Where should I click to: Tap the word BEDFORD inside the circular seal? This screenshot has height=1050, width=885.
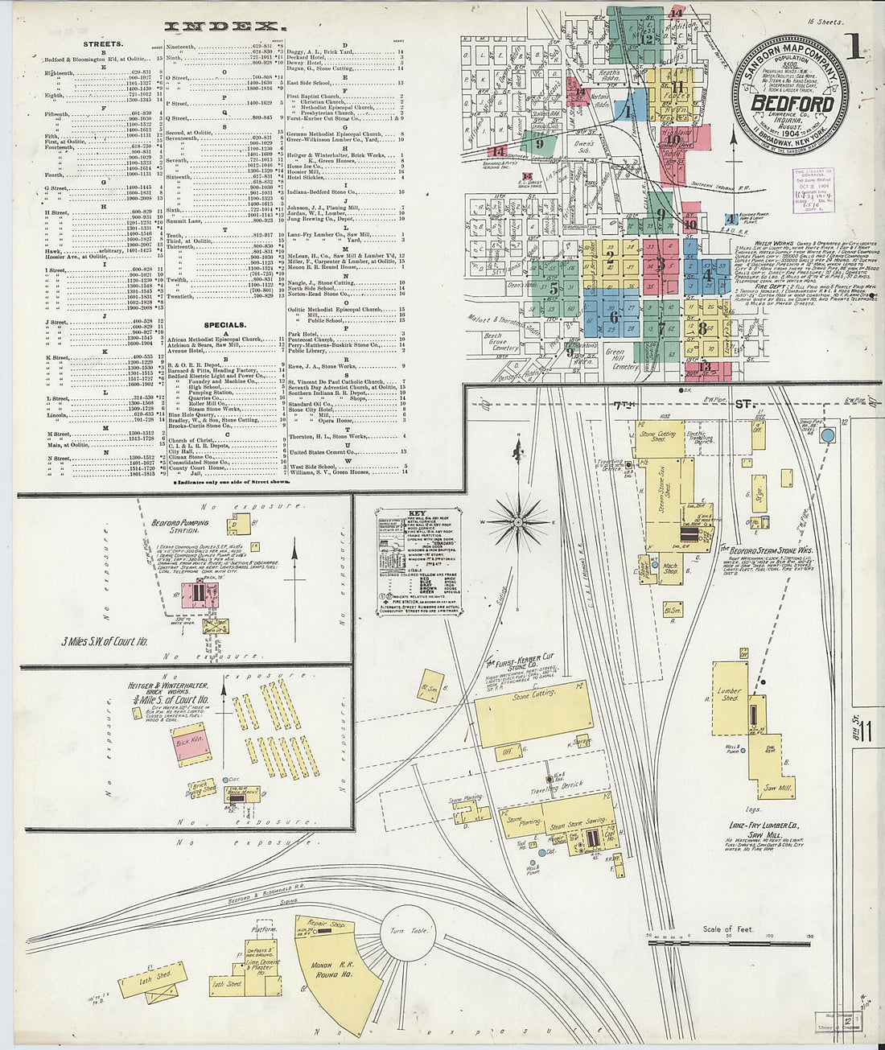pyautogui.click(x=792, y=102)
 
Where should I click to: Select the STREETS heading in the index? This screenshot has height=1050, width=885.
pyautogui.click(x=103, y=44)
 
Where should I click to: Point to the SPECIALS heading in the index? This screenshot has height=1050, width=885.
pyautogui.click(x=224, y=325)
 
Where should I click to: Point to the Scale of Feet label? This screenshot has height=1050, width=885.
pyautogui.click(x=728, y=929)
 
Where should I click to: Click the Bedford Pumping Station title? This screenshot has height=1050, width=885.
pyautogui.click(x=179, y=526)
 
